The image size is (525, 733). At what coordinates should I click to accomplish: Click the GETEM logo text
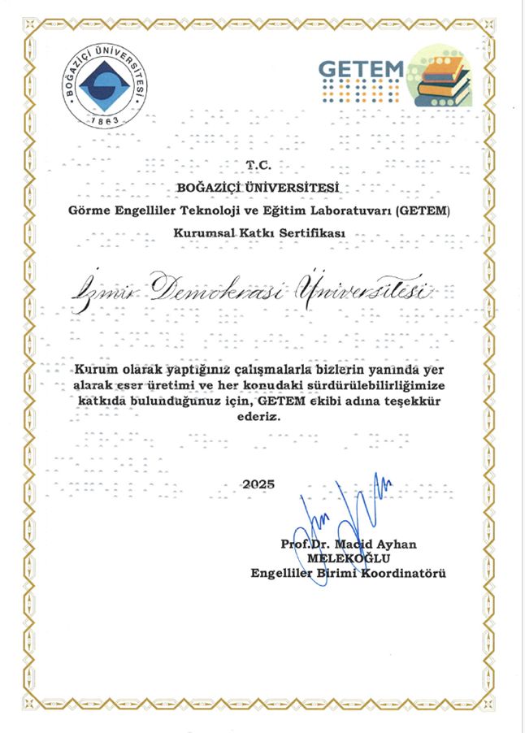point(361,68)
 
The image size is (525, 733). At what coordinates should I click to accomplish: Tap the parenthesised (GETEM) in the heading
point(425,211)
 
